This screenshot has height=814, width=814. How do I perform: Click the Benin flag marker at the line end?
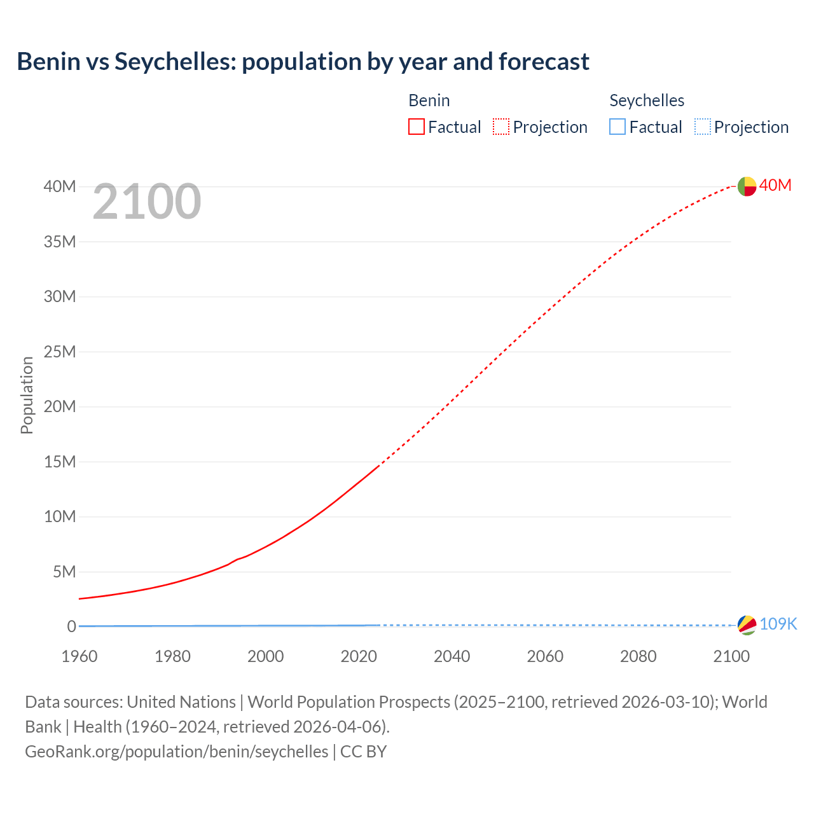point(747,186)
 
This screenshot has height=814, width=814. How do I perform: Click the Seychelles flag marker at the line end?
point(747,625)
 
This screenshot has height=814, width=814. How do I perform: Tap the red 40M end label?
point(775,185)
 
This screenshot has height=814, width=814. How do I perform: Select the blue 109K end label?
point(778,624)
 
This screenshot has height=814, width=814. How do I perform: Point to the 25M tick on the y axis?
point(60,352)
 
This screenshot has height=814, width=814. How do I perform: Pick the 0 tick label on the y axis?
point(71,626)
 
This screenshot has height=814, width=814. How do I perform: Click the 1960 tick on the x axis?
point(79,656)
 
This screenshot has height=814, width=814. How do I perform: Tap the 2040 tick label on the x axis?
point(452,656)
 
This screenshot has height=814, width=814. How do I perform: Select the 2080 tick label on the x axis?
point(638,656)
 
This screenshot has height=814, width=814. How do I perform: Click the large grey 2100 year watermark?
point(147,202)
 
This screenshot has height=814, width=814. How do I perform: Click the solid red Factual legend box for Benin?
point(417,127)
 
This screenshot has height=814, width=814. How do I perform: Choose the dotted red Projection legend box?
point(501,127)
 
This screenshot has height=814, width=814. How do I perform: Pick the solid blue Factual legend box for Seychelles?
point(617,127)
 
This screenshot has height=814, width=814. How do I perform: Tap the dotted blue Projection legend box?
point(702,127)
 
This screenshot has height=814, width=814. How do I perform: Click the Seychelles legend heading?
point(647,100)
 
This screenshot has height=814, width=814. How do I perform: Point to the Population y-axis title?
point(27,395)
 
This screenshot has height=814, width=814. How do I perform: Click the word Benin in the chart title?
point(49,62)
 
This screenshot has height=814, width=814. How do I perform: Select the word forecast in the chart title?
point(544,62)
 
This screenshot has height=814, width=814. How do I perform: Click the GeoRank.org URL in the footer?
point(177,751)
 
